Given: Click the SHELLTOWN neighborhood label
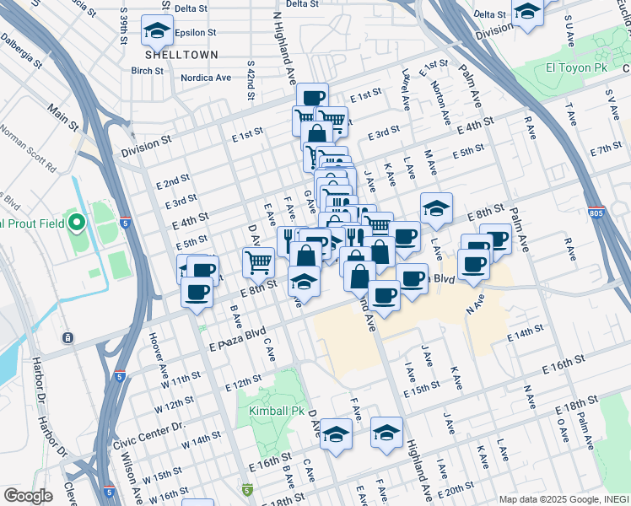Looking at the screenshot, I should (x=181, y=54).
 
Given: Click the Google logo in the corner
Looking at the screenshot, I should (x=28, y=495).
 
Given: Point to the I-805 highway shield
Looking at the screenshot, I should (x=596, y=215).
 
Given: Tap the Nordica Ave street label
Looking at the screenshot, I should (x=206, y=78).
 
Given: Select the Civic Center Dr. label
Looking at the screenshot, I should (x=148, y=427).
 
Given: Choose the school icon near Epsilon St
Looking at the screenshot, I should (x=156, y=30).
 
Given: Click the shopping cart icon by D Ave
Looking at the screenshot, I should (x=258, y=261).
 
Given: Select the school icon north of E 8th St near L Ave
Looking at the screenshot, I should (x=436, y=207).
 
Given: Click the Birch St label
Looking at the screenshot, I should (x=147, y=71).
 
